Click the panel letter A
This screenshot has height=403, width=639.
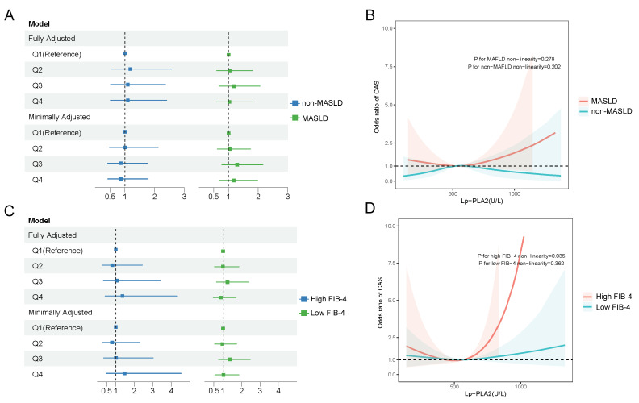coord(9,15)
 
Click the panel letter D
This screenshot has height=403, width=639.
coord(370,209)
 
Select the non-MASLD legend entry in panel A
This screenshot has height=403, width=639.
coord(316,103)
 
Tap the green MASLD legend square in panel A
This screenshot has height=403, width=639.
coord(294,118)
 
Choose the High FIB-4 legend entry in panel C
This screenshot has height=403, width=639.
coord(323,299)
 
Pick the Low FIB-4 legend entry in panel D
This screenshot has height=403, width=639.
coord(607,307)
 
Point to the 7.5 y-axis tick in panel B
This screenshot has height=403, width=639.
coord(387,67)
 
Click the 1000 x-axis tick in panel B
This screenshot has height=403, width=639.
coord(514,193)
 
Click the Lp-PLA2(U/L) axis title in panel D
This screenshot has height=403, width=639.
coord(486,393)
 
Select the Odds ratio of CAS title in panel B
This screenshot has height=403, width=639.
coord(377,107)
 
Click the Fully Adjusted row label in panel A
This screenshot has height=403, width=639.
coord(52,39)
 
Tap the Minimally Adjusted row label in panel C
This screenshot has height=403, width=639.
coord(61,312)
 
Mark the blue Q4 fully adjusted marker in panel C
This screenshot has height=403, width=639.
coord(123,297)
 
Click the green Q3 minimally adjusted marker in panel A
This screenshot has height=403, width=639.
coord(236,164)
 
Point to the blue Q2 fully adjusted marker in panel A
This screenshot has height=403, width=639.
coord(130,69)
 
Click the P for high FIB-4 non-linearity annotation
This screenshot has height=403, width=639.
coord(521,256)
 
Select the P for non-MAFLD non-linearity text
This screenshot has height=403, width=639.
coord(514,67)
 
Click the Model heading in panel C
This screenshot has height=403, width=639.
coord(39,221)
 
